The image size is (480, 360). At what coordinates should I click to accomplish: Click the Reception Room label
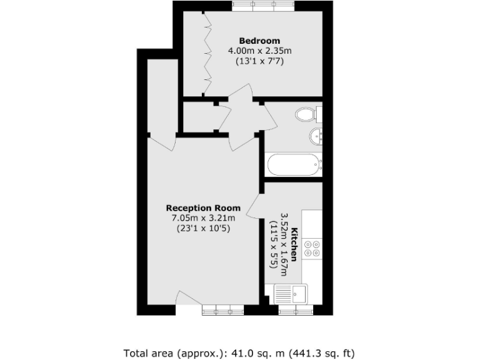tap(203, 207)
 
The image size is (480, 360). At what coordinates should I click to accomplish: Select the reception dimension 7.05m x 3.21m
tap(203, 217)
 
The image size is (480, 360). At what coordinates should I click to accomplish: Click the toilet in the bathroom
tap(307, 114)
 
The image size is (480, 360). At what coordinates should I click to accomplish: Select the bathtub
tap(294, 165)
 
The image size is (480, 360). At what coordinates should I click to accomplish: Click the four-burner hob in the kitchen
tap(311, 249)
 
